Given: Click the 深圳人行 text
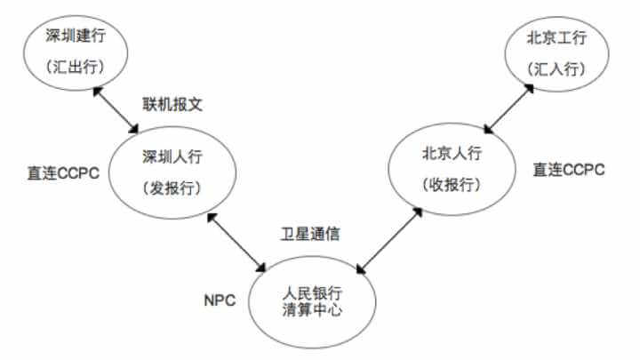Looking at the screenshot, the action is click(172, 157).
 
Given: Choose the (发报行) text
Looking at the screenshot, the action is click(172, 188).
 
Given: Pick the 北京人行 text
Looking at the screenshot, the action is click(452, 154).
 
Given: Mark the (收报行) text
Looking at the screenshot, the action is click(452, 185).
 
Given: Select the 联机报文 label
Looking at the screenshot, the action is click(173, 103).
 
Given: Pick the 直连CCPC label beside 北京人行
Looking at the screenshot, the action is click(569, 169).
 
